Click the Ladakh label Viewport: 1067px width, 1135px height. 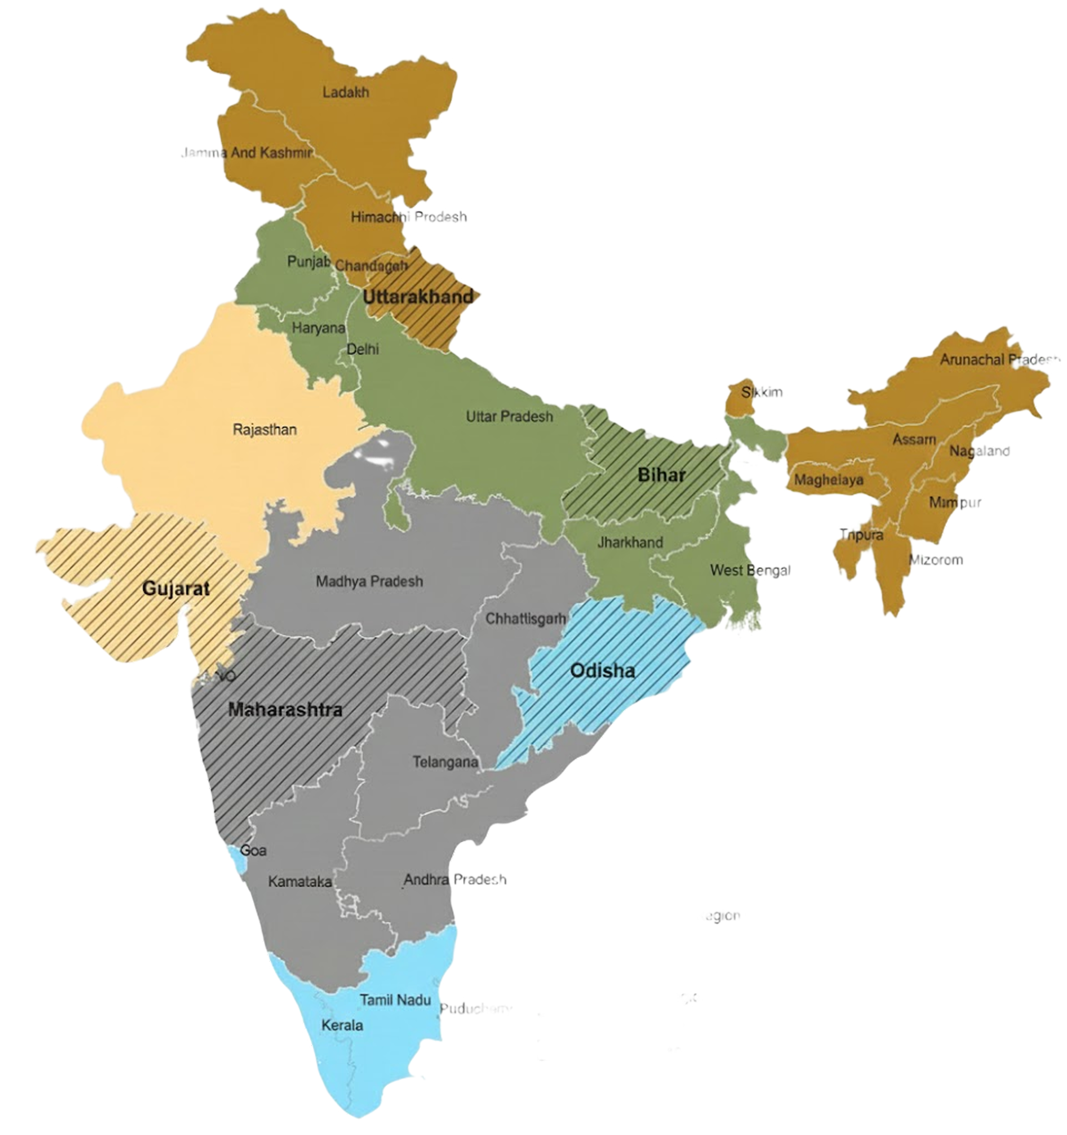click(346, 92)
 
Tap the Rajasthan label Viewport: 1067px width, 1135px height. click(264, 429)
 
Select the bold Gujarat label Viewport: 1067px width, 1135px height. click(176, 588)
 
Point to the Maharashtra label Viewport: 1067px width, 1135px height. click(285, 710)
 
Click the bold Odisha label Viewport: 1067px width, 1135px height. click(603, 670)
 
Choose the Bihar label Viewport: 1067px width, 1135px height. click(661, 475)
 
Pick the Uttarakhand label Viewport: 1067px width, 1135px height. click(418, 297)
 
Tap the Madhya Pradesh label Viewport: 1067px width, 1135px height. click(369, 581)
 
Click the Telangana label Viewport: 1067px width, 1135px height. click(445, 762)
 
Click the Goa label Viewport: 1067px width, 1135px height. click(253, 851)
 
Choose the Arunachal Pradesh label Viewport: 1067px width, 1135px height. click(999, 360)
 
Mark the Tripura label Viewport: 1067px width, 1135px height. click(861, 535)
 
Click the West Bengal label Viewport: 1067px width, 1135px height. click(750, 570)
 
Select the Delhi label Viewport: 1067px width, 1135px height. click(363, 349)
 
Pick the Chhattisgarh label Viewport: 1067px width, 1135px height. click(526, 618)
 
